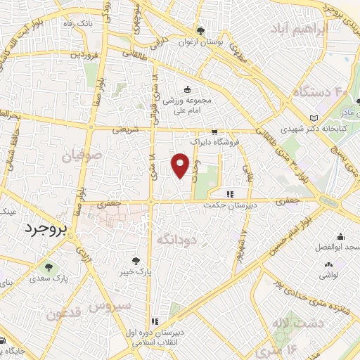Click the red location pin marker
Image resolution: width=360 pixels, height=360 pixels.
(181, 165)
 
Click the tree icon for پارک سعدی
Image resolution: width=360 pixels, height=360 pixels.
(48, 266)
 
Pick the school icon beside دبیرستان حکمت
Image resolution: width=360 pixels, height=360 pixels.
(230, 194)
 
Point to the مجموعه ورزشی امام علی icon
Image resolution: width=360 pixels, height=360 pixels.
(187, 89)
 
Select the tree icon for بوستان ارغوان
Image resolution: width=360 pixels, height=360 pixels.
(200, 31)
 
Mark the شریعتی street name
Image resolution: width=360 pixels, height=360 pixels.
(127, 129)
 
